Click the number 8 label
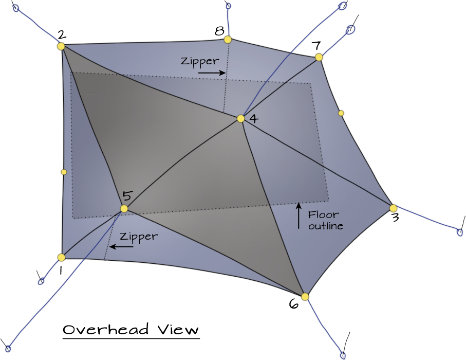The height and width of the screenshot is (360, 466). [219, 31]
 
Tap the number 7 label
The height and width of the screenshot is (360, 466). [317, 46]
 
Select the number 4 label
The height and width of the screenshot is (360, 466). [253, 119]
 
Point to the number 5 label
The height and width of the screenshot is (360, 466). [127, 196]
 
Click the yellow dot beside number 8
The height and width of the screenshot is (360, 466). [228, 40]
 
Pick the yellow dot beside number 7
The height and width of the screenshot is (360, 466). [319, 57]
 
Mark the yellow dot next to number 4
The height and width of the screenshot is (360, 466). [240, 119]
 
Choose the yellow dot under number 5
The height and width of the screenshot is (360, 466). [124, 208]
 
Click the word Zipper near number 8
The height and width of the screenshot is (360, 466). [200, 61]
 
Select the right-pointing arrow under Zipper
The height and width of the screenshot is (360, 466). [211, 73]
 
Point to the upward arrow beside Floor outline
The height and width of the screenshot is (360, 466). [299, 215]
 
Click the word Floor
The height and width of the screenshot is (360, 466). [323, 214]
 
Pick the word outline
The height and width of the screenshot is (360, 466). [326, 226]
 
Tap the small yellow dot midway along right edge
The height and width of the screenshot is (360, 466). [341, 113]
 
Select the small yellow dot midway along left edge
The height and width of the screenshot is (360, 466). [64, 172]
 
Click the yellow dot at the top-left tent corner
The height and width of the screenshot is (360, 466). [61, 46]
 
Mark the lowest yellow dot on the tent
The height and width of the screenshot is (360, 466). [305, 297]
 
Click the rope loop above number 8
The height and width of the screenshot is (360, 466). [228, 6]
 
